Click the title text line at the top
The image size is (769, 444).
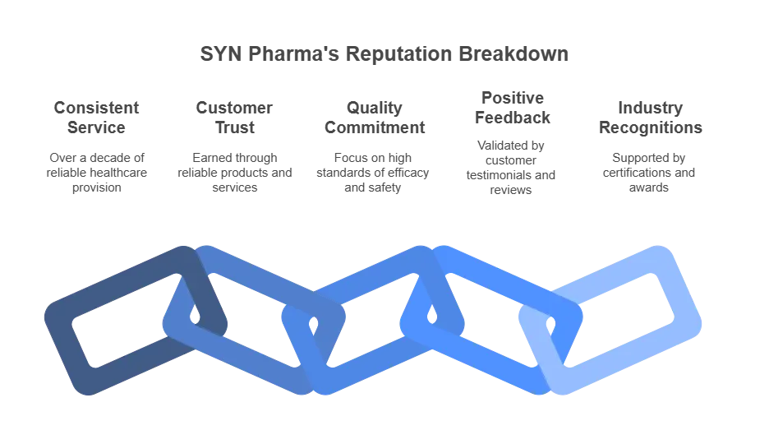pyautogui.click(x=383, y=57)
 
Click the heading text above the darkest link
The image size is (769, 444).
pyautogui.click(x=99, y=116)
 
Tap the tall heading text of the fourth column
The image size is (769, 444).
pyautogui.click(x=511, y=107)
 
